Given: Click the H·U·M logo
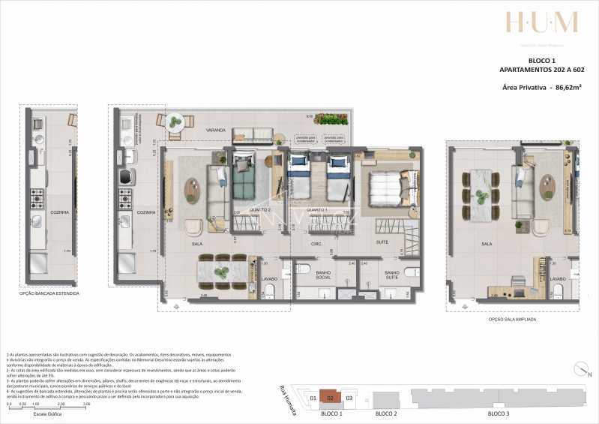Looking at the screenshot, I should (541, 23).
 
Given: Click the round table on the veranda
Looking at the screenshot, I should (175, 121).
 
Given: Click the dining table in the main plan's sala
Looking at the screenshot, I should (223, 270).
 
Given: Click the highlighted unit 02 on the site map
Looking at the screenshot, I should (330, 397).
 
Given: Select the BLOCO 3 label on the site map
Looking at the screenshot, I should (499, 413).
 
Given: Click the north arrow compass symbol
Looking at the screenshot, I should (582, 370).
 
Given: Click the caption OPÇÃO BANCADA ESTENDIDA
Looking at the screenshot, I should (49, 293).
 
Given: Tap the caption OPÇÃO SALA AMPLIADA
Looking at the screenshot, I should (512, 319).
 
